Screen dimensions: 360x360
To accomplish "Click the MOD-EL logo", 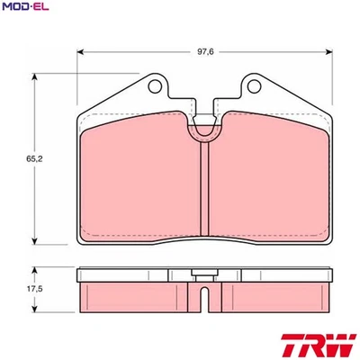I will pyautogui.click(x=24, y=8).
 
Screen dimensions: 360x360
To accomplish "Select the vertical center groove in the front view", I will pyautogui.click(x=208, y=193).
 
